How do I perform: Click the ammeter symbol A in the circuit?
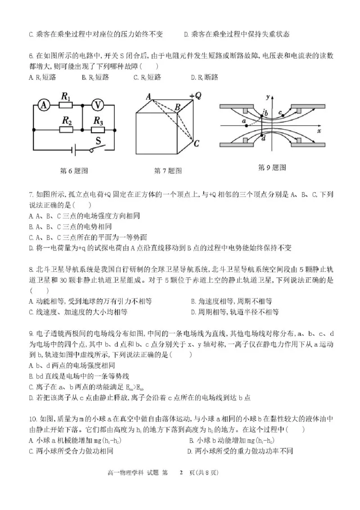[x=44, y=105]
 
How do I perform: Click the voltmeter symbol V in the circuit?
[x=98, y=105]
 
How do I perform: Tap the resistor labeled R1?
[x=66, y=105]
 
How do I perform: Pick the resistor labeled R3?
[x=99, y=130]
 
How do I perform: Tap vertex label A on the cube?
[x=147, y=96]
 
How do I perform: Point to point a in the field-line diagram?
[x=243, y=122]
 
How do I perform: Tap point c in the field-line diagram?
[x=280, y=112]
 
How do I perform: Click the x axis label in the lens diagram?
[x=318, y=131]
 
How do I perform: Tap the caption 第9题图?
[x=272, y=167]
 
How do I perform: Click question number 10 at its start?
[x=32, y=418]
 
